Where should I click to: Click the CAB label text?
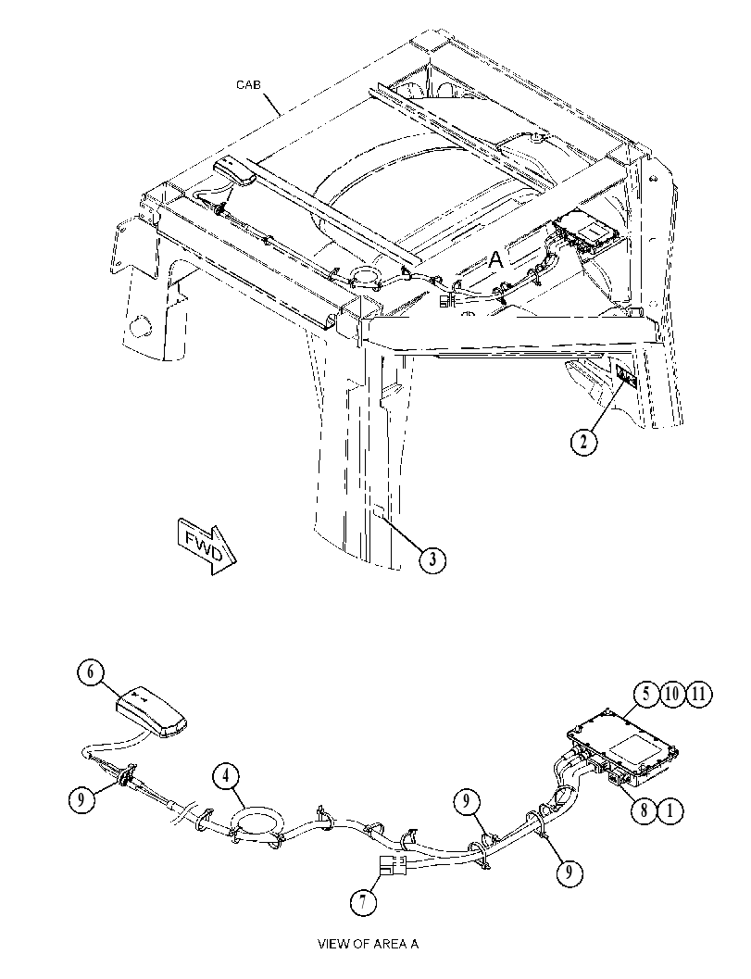pyautogui.click(x=248, y=84)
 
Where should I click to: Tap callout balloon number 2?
pyautogui.click(x=583, y=442)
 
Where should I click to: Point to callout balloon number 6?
pyautogui.click(x=91, y=672)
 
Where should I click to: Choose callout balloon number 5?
pyautogui.click(x=646, y=694)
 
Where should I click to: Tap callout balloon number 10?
pyautogui.click(x=673, y=694)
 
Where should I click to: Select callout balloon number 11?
pyautogui.click(x=699, y=694)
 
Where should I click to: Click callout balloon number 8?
pyautogui.click(x=644, y=810)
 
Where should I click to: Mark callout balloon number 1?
pyautogui.click(x=670, y=810)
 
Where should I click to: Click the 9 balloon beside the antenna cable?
pyautogui.click(x=81, y=799)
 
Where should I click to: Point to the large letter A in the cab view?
pyautogui.click(x=496, y=259)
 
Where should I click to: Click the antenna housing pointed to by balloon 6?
pyautogui.click(x=152, y=711)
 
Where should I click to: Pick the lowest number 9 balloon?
pyautogui.click(x=570, y=872)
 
